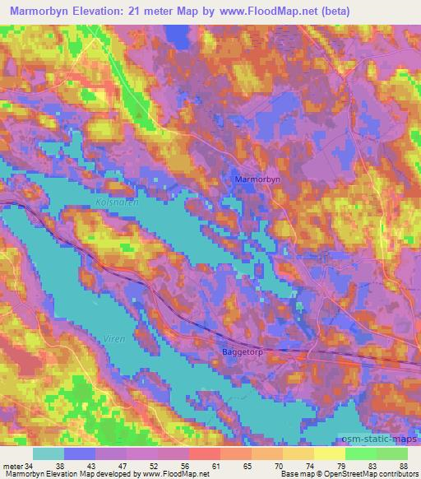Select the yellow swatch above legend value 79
click(330, 453)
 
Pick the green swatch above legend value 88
click(392, 453)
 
